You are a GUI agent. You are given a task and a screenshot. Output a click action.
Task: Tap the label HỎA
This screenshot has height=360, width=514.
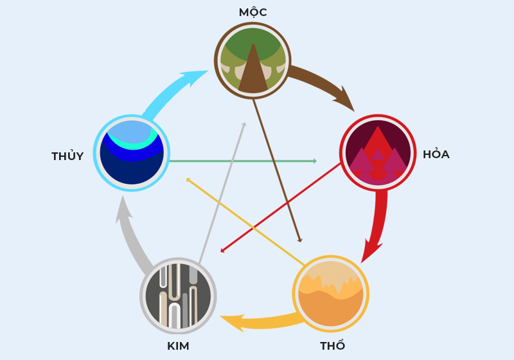pos(436,154)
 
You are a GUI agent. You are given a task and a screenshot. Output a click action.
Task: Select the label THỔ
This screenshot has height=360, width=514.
pos(332,346)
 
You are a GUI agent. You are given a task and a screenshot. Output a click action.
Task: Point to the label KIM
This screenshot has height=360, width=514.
pos(178,346)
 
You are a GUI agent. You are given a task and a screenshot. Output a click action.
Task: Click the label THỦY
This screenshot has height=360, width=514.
pos(67,156)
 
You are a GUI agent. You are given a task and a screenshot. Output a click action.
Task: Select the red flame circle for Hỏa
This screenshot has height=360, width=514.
pos(377,153)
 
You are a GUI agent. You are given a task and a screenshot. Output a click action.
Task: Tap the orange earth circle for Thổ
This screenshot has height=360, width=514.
pos(331,294)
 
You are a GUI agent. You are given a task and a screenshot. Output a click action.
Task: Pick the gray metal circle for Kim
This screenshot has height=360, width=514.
pos(178,296)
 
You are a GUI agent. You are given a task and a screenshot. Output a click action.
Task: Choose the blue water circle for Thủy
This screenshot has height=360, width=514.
pos(132,153)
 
